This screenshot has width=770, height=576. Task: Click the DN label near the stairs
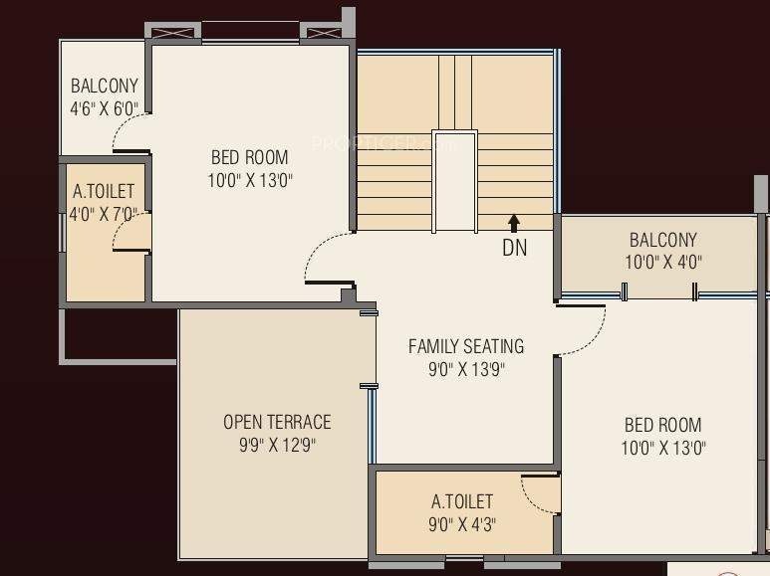514,248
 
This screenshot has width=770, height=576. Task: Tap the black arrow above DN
514,222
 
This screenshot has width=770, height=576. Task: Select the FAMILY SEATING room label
466,346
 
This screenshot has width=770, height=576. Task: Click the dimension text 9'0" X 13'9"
466,370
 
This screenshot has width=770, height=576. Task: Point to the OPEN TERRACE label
277,422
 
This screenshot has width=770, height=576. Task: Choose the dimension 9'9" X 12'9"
277,445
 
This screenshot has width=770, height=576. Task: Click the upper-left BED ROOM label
250,157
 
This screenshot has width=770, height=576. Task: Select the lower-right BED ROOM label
662,425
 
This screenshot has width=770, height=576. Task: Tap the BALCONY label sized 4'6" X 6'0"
105,86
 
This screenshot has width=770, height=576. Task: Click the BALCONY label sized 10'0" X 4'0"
662,240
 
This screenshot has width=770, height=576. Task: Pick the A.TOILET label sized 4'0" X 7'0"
104,191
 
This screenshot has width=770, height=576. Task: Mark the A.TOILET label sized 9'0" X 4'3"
461,501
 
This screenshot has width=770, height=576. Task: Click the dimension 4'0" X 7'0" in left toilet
104,213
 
